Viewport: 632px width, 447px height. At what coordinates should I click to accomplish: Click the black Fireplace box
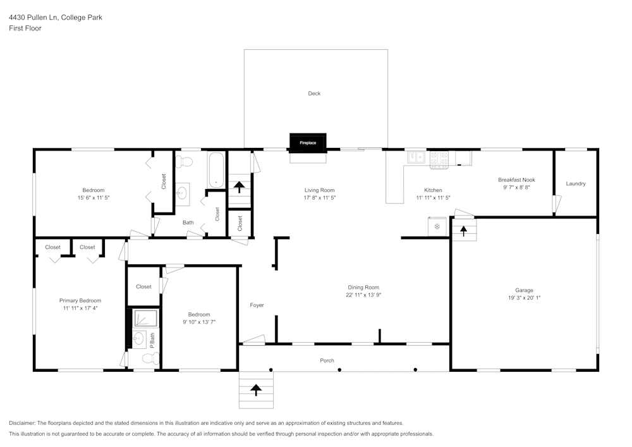click(x=308, y=143)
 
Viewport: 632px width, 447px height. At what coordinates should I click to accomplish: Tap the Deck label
click(x=314, y=94)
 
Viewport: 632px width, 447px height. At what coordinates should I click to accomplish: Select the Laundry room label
click(x=575, y=184)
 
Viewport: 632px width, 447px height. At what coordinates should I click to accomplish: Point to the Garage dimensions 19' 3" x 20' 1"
click(x=524, y=298)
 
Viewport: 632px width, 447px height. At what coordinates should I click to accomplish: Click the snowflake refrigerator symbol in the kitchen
click(x=437, y=226)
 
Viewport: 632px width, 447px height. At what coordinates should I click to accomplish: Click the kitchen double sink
click(x=416, y=156)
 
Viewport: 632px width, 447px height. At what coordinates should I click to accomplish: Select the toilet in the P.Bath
click(x=149, y=359)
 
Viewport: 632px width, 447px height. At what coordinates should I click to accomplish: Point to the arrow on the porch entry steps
click(x=256, y=390)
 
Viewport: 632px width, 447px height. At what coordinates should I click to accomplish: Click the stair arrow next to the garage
click(x=463, y=231)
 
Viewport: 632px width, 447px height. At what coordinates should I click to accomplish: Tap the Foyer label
click(x=257, y=305)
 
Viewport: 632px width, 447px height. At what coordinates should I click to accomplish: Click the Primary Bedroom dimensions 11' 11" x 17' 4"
click(x=80, y=309)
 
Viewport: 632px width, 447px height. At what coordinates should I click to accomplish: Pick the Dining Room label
click(x=363, y=287)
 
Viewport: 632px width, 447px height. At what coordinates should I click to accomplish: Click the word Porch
click(x=327, y=360)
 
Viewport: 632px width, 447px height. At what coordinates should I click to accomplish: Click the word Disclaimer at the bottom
click(x=22, y=423)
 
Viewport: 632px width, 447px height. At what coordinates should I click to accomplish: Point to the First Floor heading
click(x=25, y=28)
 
